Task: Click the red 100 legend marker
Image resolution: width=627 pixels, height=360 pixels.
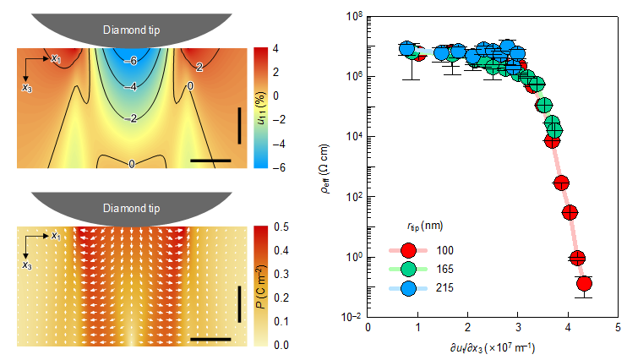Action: point(409,249)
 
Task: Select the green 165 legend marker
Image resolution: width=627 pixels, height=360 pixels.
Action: point(409,269)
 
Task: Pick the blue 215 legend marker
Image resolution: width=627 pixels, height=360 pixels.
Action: point(409,287)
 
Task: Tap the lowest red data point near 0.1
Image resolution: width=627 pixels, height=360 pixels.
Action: point(583,284)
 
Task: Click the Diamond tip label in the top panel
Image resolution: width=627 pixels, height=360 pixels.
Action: point(132,30)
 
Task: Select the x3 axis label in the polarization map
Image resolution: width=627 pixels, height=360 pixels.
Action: point(30,265)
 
